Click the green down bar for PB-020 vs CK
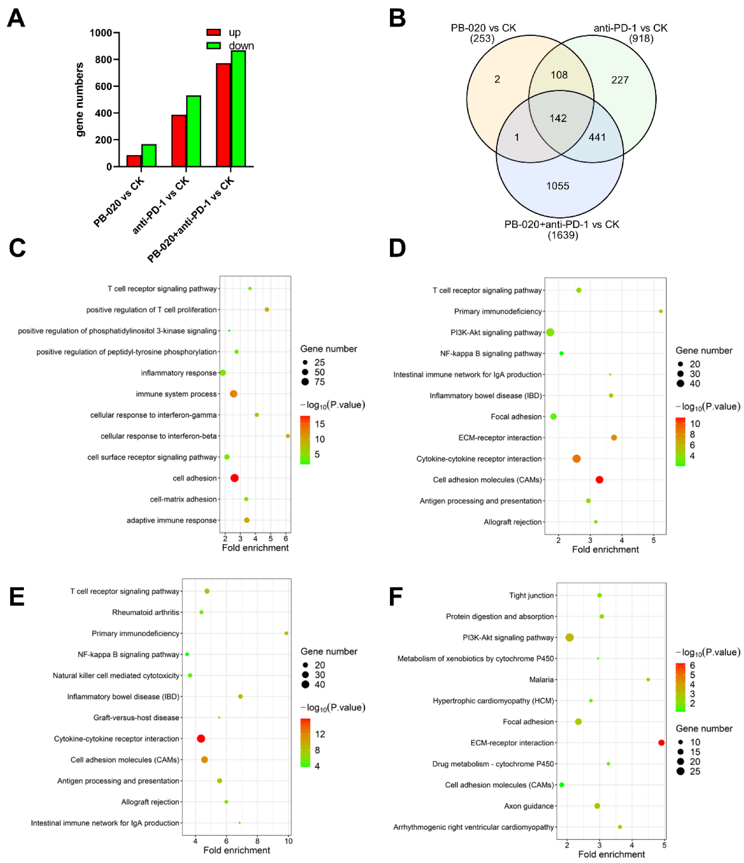click(149, 156)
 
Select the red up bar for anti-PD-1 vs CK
click(179, 141)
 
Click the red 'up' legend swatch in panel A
click(214, 32)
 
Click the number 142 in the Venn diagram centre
click(558, 118)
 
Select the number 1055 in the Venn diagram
click(557, 186)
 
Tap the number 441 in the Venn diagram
click(597, 137)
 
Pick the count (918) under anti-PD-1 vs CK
click(641, 39)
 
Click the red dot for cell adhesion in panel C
click(234, 478)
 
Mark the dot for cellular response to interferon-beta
click(288, 436)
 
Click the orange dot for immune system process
click(234, 394)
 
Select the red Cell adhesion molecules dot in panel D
click(599, 480)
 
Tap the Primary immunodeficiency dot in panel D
click(660, 311)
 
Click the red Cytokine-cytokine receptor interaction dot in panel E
click(201, 738)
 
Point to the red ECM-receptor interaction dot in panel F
click(661, 743)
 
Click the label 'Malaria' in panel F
click(541, 680)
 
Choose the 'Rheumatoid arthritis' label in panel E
click(145, 612)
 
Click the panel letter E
click(17, 596)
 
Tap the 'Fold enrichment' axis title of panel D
click(605, 549)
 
